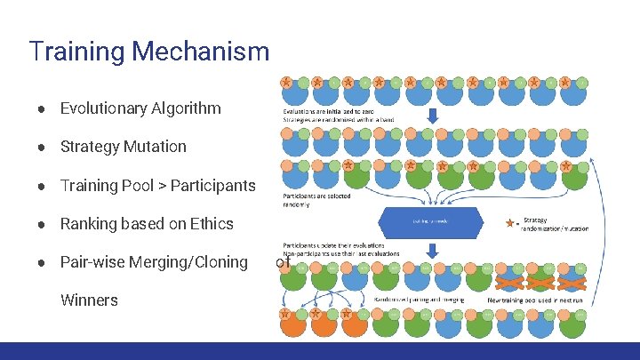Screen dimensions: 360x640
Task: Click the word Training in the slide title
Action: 76,52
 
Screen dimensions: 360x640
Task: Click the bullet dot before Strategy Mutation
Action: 42,148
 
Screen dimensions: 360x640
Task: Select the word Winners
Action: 89,300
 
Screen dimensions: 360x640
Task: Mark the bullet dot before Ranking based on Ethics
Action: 42,225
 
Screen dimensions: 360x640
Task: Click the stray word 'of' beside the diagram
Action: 283,262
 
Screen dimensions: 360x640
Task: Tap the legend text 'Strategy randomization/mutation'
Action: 556,223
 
